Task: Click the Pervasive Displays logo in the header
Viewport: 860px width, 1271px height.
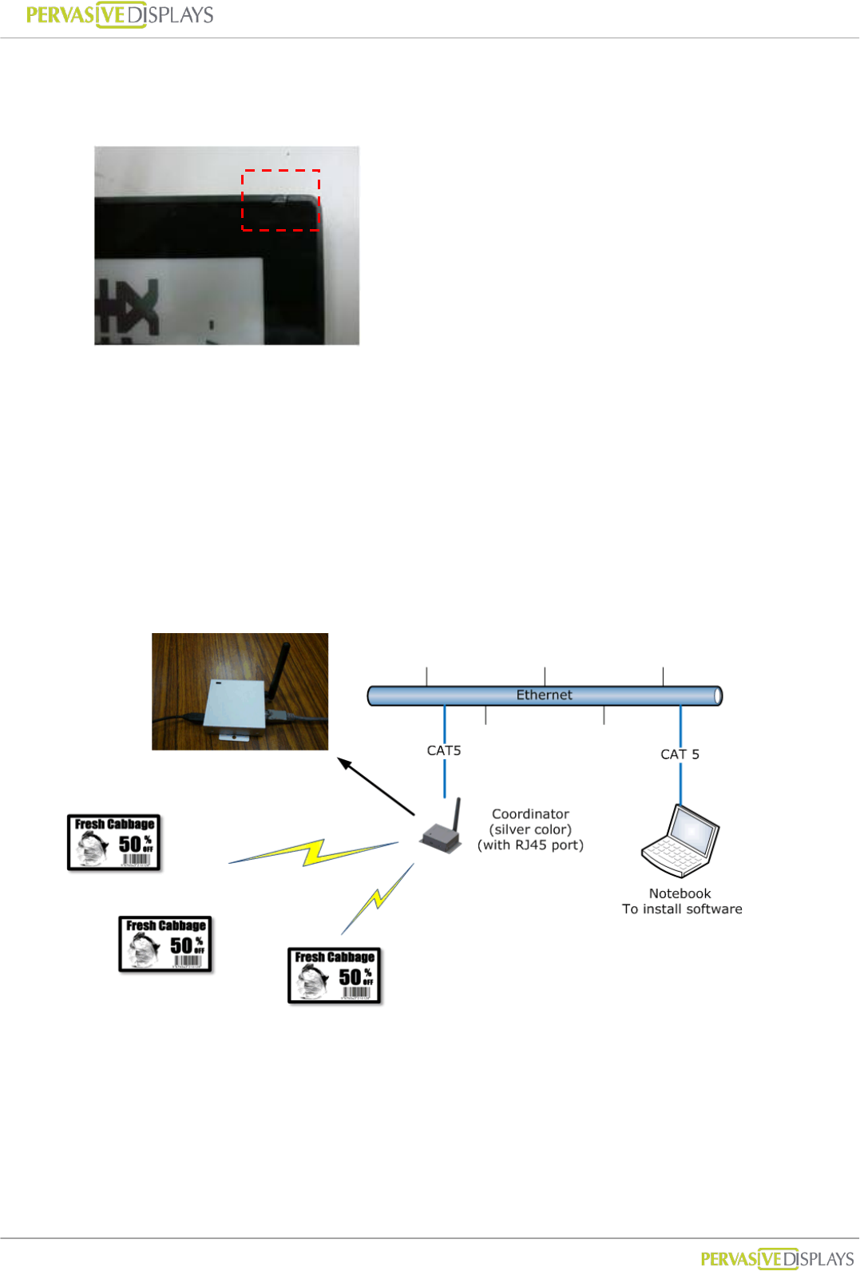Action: click(x=120, y=15)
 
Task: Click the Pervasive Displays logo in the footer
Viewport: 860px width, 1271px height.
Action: click(x=777, y=1259)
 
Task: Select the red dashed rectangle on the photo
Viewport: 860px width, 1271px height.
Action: click(x=281, y=200)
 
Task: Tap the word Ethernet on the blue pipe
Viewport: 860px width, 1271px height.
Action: click(x=544, y=695)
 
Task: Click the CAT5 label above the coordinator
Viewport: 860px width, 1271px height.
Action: click(x=444, y=750)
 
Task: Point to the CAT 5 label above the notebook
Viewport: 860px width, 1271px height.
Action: click(x=680, y=754)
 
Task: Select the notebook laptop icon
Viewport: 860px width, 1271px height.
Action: click(x=680, y=841)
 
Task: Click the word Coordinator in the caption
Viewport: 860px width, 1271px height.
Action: click(x=530, y=814)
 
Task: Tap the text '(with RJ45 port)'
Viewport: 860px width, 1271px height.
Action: click(x=530, y=845)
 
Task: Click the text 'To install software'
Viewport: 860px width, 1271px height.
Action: click(x=682, y=909)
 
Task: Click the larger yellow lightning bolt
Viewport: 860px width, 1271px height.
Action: click(x=313, y=852)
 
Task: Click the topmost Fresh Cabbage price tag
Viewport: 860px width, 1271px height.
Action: click(x=114, y=842)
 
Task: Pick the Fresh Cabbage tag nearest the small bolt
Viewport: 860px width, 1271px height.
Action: click(x=334, y=976)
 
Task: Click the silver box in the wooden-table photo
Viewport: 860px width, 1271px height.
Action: click(x=235, y=707)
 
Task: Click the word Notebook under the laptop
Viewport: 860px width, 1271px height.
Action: click(x=680, y=894)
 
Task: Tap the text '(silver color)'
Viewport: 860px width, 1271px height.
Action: click(x=530, y=830)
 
